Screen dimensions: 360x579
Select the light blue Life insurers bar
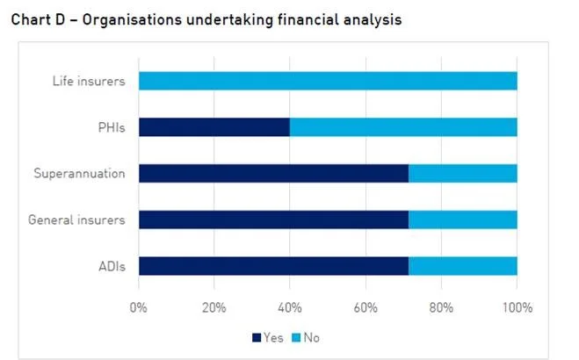click(x=328, y=81)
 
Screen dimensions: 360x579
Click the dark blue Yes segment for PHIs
click(x=214, y=127)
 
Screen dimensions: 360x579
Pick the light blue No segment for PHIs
click(x=403, y=127)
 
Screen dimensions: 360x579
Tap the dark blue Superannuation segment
click(x=273, y=173)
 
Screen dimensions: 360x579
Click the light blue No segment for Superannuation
click(x=463, y=173)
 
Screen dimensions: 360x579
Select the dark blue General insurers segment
click(x=273, y=220)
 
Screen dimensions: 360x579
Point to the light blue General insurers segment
click(x=463, y=220)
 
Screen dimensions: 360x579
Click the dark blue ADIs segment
click(x=273, y=265)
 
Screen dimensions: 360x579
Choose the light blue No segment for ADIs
click(x=463, y=265)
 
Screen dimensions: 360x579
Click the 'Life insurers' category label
click(x=89, y=82)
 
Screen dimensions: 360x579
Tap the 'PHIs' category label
click(x=112, y=127)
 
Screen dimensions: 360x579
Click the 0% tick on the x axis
click(x=139, y=307)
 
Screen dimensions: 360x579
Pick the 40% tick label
click(x=290, y=307)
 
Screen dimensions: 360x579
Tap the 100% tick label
click(x=517, y=307)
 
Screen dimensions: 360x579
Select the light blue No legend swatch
click(x=297, y=337)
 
